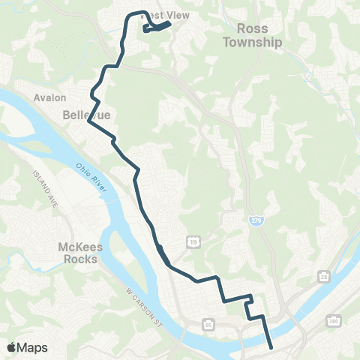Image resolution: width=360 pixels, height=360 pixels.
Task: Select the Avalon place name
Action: [49, 97]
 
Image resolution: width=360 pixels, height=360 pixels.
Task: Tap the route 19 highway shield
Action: [193, 242]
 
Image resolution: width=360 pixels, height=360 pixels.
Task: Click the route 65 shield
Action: [208, 325]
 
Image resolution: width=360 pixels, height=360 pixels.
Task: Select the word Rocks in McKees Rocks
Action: [78, 259]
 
